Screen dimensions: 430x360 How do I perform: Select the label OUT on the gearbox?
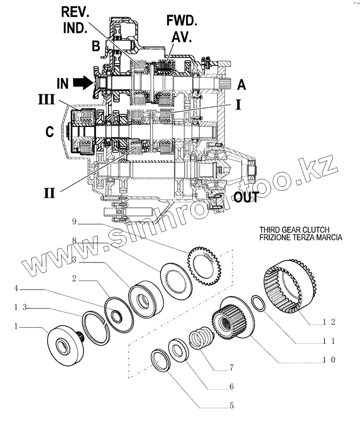click(x=246, y=197)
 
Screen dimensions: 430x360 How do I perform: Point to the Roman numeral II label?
click(x=49, y=193)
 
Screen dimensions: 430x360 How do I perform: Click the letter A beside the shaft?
click(x=242, y=84)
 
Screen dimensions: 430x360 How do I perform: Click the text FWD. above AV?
click(x=182, y=20)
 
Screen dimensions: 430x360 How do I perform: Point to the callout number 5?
click(x=232, y=406)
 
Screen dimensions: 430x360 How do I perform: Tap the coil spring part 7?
click(x=200, y=338)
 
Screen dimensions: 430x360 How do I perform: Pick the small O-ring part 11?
click(x=258, y=303)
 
